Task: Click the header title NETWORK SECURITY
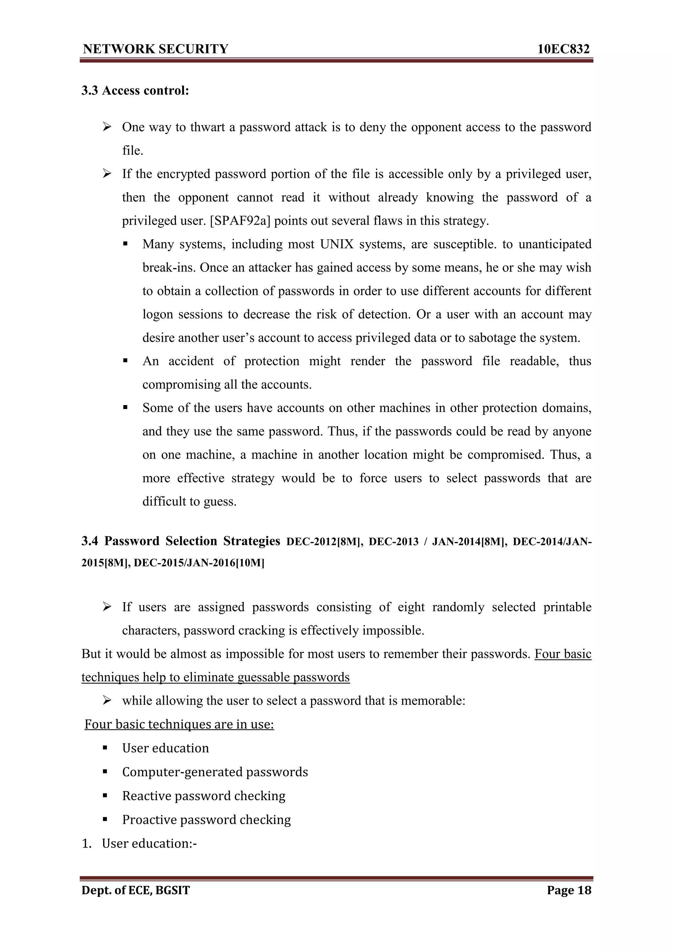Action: (x=155, y=49)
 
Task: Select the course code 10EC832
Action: (x=563, y=49)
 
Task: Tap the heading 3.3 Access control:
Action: (x=135, y=90)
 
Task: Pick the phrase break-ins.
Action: (x=169, y=267)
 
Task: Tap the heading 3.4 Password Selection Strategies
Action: (x=181, y=541)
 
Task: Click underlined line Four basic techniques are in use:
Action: (x=179, y=724)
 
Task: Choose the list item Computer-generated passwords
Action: (x=215, y=772)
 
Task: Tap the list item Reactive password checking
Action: (x=204, y=796)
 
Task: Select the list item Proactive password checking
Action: (x=206, y=819)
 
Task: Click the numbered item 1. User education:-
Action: (x=139, y=843)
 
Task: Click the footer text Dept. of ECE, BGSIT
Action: (x=136, y=890)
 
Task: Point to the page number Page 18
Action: (x=569, y=890)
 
